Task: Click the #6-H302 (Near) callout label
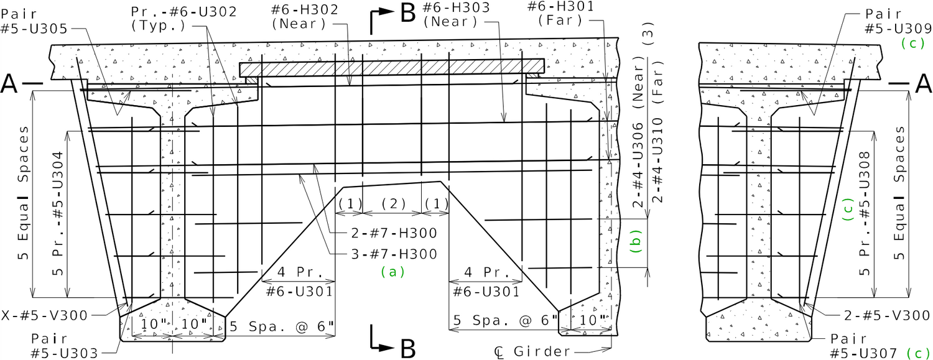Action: click(x=305, y=17)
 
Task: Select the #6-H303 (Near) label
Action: click(x=456, y=14)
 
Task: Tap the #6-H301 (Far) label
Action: click(x=560, y=13)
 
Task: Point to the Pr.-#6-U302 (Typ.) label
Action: click(x=184, y=19)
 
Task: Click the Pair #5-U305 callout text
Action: click(x=34, y=21)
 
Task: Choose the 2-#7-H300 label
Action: click(x=394, y=233)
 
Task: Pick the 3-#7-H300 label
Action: click(x=394, y=254)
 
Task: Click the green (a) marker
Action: click(x=392, y=272)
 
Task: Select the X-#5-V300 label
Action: click(x=44, y=315)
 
